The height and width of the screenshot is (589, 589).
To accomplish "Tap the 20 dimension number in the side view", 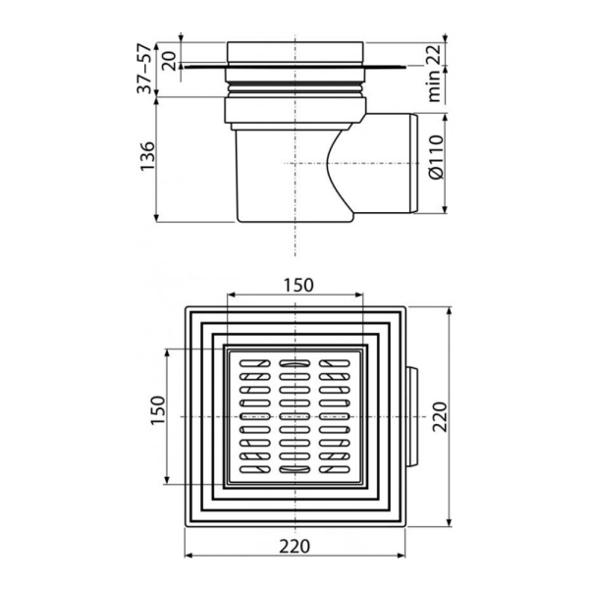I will pos(169,59).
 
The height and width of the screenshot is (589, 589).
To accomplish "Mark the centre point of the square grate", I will pos(294,416).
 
